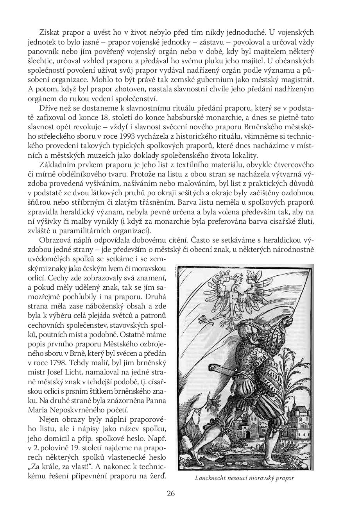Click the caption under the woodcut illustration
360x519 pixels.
pos(244,478)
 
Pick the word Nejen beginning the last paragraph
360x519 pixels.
pos(48,419)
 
